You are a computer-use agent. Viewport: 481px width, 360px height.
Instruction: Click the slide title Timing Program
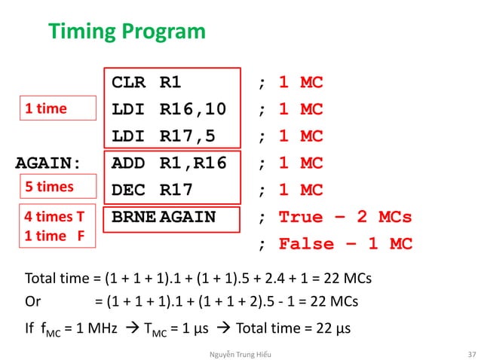tap(127, 32)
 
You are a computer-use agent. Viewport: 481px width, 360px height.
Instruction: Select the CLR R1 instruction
tap(146, 82)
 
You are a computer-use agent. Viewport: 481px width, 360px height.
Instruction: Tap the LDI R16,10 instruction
tap(167, 109)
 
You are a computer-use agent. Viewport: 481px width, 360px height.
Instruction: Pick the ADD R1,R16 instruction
tap(168, 163)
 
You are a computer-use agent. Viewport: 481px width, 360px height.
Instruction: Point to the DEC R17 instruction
tap(152, 190)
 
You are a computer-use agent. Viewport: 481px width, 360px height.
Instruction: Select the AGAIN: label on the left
tap(49, 163)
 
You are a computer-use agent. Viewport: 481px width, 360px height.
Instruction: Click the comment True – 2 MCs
tap(345, 218)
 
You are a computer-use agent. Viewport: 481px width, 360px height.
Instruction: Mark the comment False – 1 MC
tap(345, 245)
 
